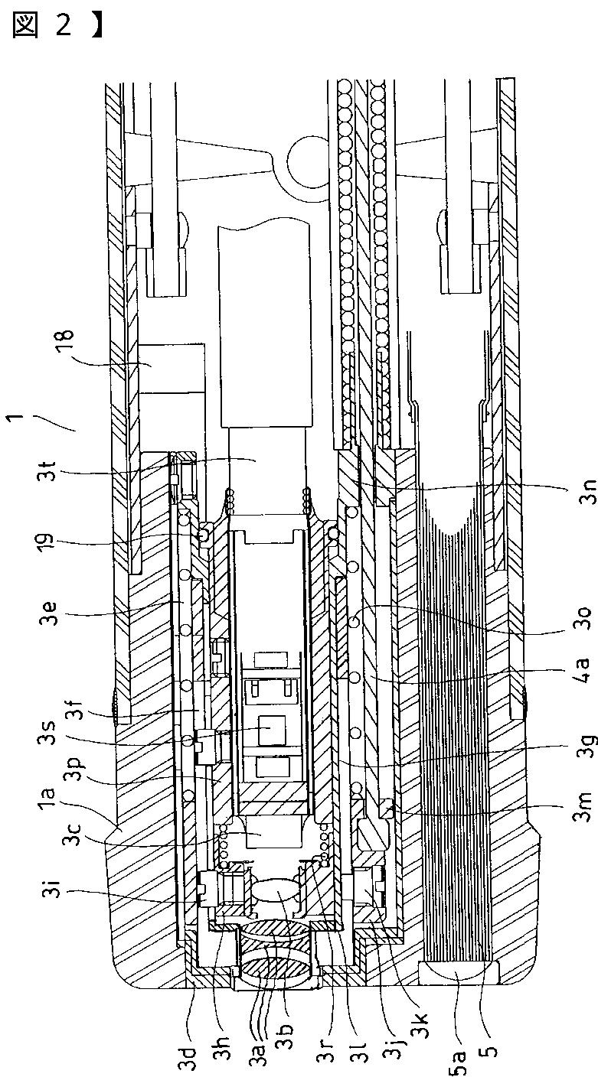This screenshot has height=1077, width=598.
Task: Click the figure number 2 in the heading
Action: [x=64, y=25]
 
